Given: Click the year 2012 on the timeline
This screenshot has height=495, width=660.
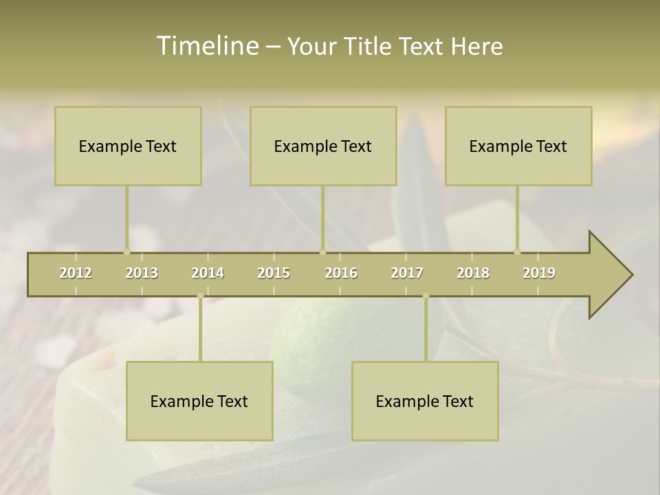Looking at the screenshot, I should tap(76, 273).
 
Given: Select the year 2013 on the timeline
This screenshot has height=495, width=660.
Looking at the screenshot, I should tap(142, 273).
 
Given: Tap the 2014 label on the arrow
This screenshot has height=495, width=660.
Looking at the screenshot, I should tap(208, 273).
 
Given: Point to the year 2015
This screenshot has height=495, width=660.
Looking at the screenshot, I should tap(274, 273).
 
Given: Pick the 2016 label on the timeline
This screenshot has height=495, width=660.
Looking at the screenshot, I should tap(341, 273).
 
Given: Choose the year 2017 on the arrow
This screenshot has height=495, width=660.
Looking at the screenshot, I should tap(407, 273).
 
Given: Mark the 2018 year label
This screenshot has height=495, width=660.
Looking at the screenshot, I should tap(473, 273).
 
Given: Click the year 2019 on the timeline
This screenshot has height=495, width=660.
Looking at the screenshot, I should tap(539, 273).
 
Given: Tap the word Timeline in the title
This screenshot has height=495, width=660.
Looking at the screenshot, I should tap(206, 46).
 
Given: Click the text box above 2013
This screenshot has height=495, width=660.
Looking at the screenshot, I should tap(128, 146).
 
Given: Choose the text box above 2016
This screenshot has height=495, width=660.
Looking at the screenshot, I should tap(323, 146).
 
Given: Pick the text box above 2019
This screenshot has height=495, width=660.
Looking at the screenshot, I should tap(518, 146).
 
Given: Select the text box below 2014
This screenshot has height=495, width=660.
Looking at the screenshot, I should tap(199, 401).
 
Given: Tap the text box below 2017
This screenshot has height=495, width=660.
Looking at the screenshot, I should tap(425, 401).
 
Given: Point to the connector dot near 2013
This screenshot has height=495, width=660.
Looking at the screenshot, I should tap(126, 252).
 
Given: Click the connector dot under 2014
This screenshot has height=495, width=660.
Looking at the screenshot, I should tap(200, 296).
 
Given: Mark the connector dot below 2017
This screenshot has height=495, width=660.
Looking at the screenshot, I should tap(426, 296).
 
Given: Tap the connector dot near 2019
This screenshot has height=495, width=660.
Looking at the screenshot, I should tap(517, 252).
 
